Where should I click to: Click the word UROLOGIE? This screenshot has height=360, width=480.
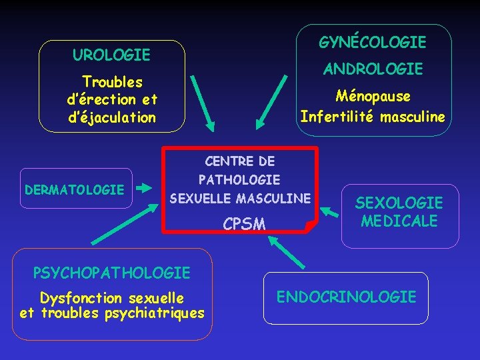pyautogui.click(x=111, y=54)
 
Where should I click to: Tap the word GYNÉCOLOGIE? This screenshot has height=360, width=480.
pyautogui.click(x=372, y=43)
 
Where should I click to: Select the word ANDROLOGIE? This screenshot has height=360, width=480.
pyautogui.click(x=373, y=69)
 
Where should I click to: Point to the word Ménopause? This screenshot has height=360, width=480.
pyautogui.click(x=373, y=96)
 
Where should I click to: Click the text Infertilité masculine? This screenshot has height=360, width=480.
pyautogui.click(x=372, y=117)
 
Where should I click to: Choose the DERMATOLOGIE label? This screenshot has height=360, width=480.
pyautogui.click(x=74, y=190)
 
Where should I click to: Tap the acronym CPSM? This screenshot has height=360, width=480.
pyautogui.click(x=244, y=224)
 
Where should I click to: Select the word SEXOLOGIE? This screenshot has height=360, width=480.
pyautogui.click(x=399, y=203)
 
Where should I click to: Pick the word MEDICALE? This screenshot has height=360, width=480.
pyautogui.click(x=399, y=221)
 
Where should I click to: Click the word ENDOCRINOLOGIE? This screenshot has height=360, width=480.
pyautogui.click(x=346, y=297)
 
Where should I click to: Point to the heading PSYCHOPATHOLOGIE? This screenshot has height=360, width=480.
pyautogui.click(x=111, y=273)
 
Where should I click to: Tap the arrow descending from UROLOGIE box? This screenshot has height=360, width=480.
pyautogui.click(x=202, y=101)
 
